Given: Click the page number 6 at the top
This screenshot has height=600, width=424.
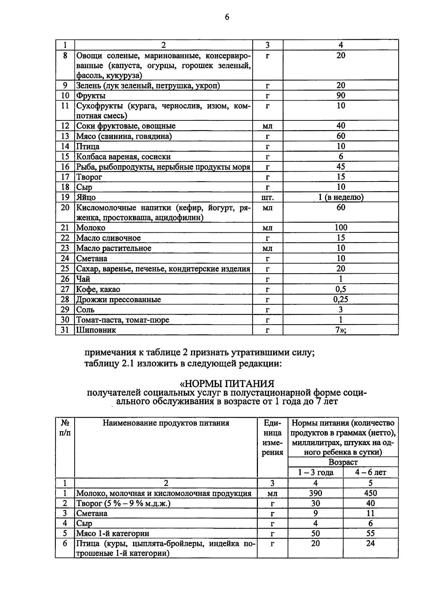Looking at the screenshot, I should [x=227, y=17].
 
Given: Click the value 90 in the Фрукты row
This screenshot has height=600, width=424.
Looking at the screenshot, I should [x=341, y=96].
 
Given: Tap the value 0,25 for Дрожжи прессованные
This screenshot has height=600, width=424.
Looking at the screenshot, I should [x=341, y=300].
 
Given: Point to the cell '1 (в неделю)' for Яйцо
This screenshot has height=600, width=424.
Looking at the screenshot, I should [x=341, y=197].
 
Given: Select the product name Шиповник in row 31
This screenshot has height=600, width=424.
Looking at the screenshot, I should [x=96, y=331].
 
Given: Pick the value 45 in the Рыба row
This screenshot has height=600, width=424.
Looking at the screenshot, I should [x=341, y=167].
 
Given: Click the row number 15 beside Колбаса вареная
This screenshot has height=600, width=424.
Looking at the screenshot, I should [x=65, y=157].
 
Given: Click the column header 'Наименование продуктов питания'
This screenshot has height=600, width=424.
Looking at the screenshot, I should [x=166, y=423].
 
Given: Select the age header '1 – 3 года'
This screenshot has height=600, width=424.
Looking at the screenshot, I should [x=316, y=473].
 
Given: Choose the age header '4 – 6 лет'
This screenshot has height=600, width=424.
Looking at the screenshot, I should [x=371, y=473].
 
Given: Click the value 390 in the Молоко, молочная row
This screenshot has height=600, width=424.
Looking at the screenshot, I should [x=316, y=493].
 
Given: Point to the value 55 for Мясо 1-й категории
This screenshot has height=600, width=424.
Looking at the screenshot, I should [x=370, y=534].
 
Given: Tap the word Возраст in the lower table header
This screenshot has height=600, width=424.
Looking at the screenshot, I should [x=343, y=462].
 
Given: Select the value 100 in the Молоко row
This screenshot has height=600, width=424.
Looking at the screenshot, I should [x=341, y=228].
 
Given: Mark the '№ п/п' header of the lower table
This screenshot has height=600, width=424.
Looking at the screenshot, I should [x=65, y=428].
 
